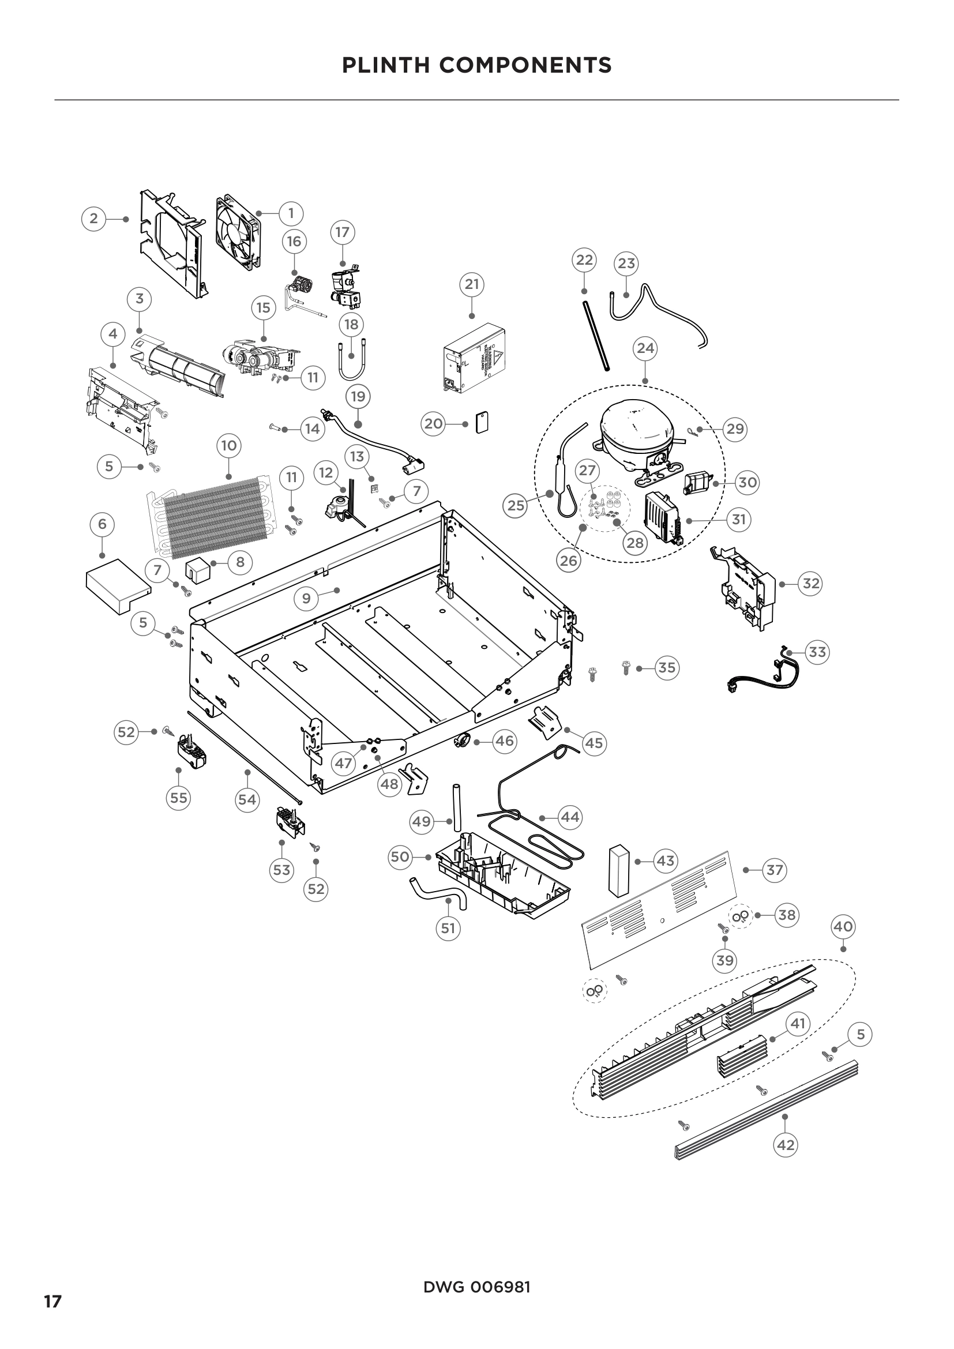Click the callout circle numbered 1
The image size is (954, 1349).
click(x=291, y=213)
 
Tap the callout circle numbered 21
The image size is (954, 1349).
click(x=472, y=284)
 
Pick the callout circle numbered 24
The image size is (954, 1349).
click(x=645, y=348)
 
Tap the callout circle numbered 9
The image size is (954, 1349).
click(x=306, y=599)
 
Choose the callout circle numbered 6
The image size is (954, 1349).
click(x=102, y=524)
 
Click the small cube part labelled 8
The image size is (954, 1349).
click(x=197, y=568)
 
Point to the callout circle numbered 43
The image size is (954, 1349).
click(x=665, y=861)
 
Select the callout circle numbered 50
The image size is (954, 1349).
click(x=400, y=857)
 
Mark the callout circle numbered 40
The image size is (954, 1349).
click(x=843, y=927)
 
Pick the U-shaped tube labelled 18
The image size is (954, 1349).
click(x=351, y=359)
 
